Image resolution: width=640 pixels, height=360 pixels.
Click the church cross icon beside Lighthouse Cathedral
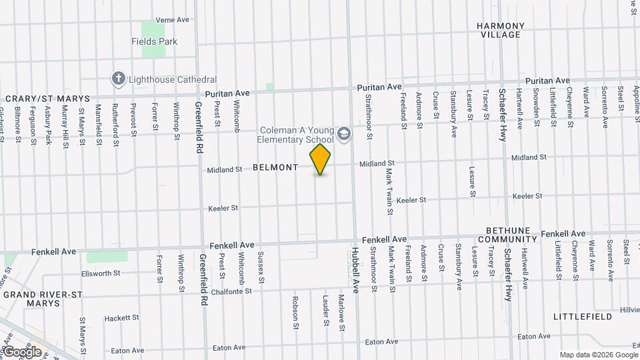119,79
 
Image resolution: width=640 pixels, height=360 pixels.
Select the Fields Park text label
154,41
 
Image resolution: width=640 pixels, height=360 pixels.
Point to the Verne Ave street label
173,20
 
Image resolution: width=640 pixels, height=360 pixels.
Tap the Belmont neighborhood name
275,168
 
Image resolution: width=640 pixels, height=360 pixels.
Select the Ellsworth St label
100,273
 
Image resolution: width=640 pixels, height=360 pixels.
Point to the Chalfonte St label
229,291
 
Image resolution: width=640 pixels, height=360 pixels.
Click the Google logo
22,351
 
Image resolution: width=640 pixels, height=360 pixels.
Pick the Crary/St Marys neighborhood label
47,99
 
